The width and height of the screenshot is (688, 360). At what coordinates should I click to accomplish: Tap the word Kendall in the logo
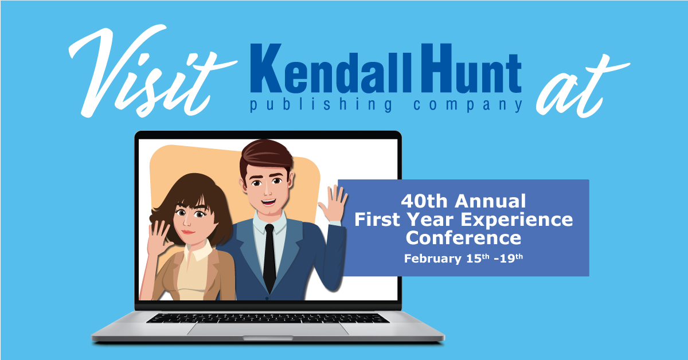click(x=330, y=68)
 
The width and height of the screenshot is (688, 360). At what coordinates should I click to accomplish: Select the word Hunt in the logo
click(x=471, y=68)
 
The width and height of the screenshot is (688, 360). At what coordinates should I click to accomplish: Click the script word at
click(x=582, y=86)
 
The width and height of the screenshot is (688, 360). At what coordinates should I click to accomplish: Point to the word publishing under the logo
click(x=321, y=105)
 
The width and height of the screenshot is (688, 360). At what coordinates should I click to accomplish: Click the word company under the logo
click(x=467, y=105)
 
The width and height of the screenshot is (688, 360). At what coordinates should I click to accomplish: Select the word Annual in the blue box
click(x=491, y=202)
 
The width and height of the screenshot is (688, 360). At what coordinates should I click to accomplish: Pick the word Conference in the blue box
click(x=463, y=238)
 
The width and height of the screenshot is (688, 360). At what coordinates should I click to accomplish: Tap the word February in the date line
click(x=432, y=259)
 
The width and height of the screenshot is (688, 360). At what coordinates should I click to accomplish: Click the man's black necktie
click(x=269, y=258)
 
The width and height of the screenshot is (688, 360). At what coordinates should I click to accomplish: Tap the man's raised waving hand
click(x=333, y=204)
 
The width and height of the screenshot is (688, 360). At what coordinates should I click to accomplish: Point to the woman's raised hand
click(x=159, y=237)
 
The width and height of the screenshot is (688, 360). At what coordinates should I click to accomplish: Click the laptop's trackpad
click(x=268, y=329)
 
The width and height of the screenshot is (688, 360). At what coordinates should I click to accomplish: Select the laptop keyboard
click(x=268, y=318)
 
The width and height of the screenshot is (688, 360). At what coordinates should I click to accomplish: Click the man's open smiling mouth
click(x=268, y=202)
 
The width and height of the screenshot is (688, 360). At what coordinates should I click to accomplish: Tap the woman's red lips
click(x=187, y=232)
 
